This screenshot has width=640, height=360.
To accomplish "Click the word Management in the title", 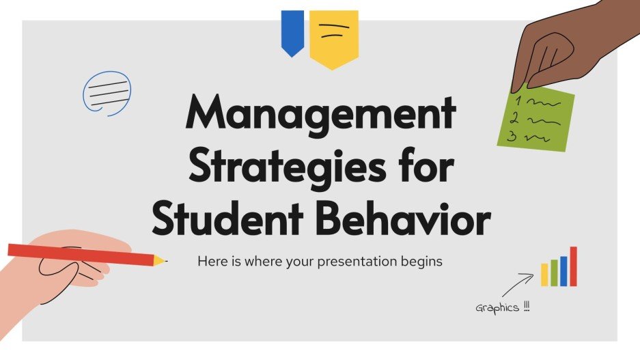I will [320, 114].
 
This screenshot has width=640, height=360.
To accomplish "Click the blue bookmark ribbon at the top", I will [292, 31].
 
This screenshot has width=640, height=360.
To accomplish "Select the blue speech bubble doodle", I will [107, 92].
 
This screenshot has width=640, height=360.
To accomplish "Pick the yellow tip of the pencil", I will [159, 260].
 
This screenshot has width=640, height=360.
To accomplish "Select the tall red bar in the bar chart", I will [573, 266].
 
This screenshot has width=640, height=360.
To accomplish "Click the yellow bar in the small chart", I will [544, 275].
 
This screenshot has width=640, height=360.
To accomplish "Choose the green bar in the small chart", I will [554, 273].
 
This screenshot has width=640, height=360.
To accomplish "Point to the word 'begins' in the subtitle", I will [423, 261].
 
